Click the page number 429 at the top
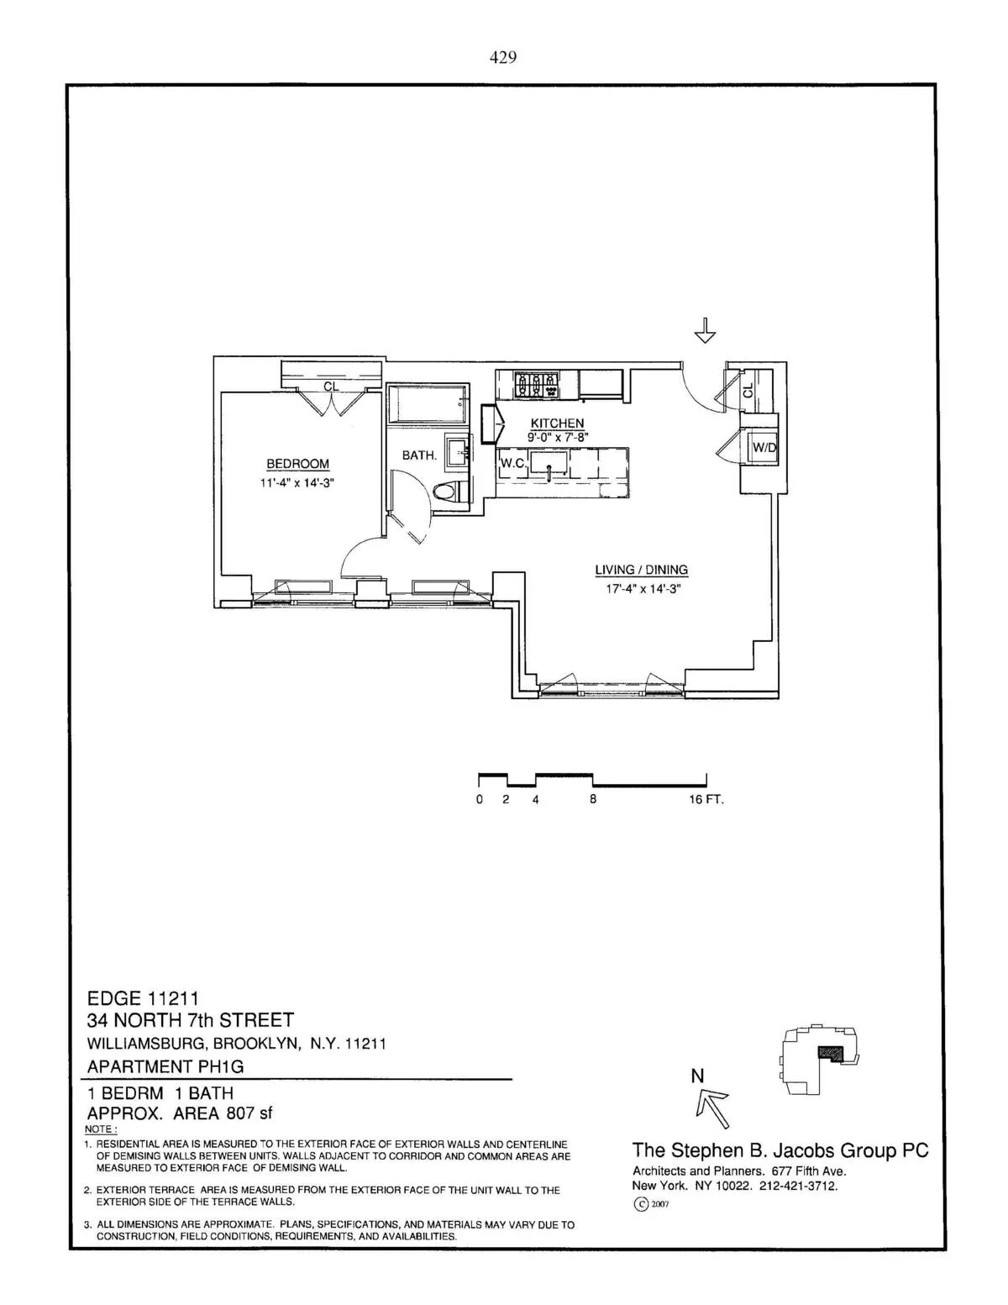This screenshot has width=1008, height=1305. (502, 57)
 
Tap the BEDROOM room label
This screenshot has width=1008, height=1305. (297, 464)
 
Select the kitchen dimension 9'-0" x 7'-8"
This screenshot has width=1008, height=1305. (558, 437)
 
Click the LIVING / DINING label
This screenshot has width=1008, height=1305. (641, 570)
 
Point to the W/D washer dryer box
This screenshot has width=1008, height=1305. (764, 448)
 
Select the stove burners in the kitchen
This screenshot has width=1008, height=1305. (535, 386)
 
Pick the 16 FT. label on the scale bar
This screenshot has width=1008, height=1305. (706, 800)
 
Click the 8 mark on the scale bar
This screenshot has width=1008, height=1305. (593, 800)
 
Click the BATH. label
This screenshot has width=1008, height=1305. (419, 455)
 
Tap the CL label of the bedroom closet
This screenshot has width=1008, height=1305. (331, 387)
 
